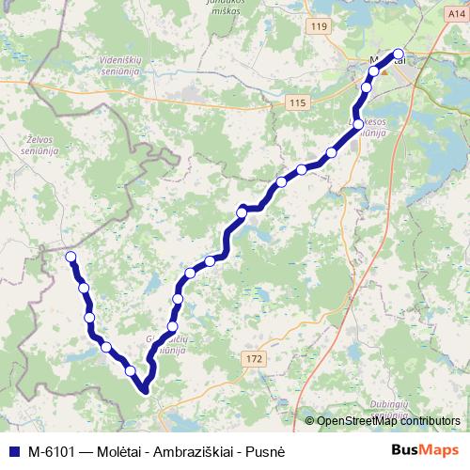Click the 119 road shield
tap(320, 28)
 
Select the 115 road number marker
tap(298, 102)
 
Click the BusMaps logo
tap(425, 449)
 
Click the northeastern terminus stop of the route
tap(398, 54)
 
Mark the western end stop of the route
tap(70, 256)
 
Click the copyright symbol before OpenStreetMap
tap(310, 420)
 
